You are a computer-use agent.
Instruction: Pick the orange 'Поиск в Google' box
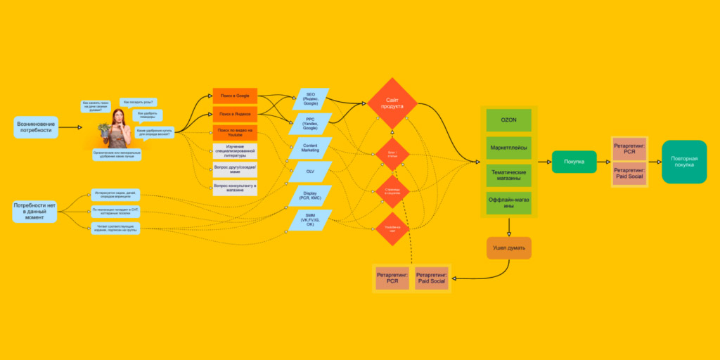pos(235,96)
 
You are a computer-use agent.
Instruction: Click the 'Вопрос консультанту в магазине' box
pos(235,188)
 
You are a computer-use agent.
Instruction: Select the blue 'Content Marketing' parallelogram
pos(310,146)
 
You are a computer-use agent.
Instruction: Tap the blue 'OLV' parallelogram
pos(310,171)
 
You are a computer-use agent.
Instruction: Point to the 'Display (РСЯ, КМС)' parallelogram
pos(310,195)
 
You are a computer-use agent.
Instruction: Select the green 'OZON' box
pos(508,120)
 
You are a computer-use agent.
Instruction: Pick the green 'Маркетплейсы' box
pos(508,148)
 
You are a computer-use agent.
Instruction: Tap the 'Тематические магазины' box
pos(508,175)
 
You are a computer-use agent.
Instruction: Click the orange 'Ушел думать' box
pos(508,247)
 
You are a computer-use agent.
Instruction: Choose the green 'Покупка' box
pos(574,162)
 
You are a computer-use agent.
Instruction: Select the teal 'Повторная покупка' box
pos(684,161)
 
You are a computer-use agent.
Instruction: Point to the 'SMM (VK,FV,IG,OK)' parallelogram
pos(310,220)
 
